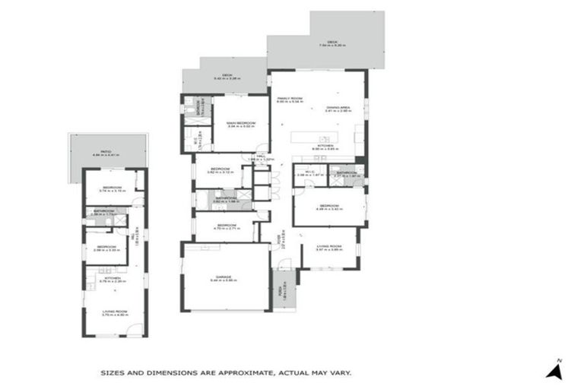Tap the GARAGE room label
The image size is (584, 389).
coord(226,277)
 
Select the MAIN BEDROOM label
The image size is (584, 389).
coord(240,124)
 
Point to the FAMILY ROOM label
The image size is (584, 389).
coord(290,98)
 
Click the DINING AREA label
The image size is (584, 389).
coord(337,108)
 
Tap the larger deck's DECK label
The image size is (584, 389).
coord(332,43)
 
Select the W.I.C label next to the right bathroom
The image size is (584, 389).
coord(309,172)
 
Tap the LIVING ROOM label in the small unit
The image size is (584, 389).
coord(115,311)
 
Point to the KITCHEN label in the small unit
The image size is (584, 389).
coord(113,278)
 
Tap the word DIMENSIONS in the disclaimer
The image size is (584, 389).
coord(166,373)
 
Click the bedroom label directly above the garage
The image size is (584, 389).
coord(227,225)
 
